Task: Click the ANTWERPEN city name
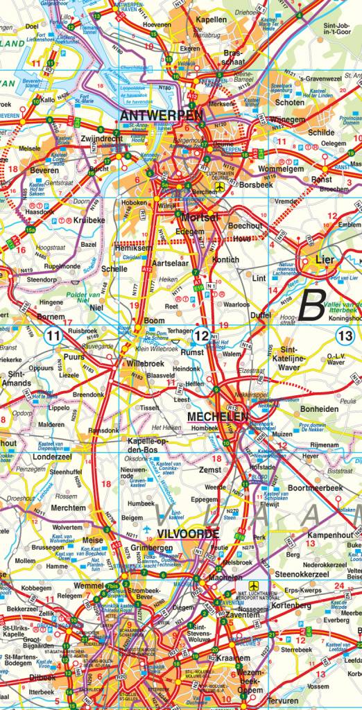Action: pyautogui.click(x=162, y=114)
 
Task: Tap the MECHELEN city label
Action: pyautogui.click(x=217, y=417)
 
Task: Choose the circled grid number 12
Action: pyautogui.click(x=202, y=336)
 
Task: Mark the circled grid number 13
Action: pyautogui.click(x=345, y=336)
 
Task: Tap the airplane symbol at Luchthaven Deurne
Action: pyautogui.click(x=220, y=187)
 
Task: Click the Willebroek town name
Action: pyautogui.click(x=145, y=362)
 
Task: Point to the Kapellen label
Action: pyautogui.click(x=211, y=20)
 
